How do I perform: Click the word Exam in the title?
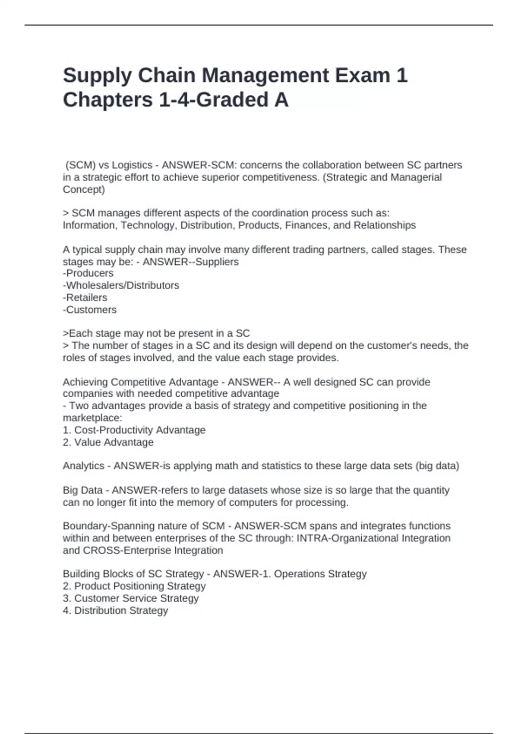click(362, 76)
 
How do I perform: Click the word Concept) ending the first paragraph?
click(84, 190)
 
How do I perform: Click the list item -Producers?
click(88, 273)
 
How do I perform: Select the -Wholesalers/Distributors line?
click(121, 285)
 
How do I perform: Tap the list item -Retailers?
click(85, 297)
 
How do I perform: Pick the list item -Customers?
click(90, 310)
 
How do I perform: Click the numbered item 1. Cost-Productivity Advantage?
click(134, 430)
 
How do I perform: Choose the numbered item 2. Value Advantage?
click(108, 442)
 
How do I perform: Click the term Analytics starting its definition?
click(83, 466)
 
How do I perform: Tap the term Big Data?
click(82, 490)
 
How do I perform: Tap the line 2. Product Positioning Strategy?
click(134, 586)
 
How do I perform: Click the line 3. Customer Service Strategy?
click(130, 598)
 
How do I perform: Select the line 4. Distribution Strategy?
click(115, 611)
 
